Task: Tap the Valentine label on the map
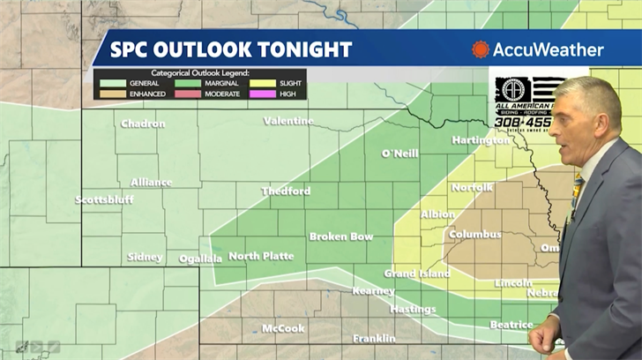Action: click(287, 121)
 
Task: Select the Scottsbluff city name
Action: click(104, 199)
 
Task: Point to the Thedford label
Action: click(286, 191)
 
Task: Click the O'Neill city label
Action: click(399, 154)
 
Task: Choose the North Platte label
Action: click(262, 256)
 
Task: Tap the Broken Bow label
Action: click(340, 236)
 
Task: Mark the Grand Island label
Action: click(416, 274)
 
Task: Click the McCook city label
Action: click(283, 328)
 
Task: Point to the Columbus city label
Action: click(474, 235)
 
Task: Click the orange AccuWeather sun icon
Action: click(481, 49)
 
